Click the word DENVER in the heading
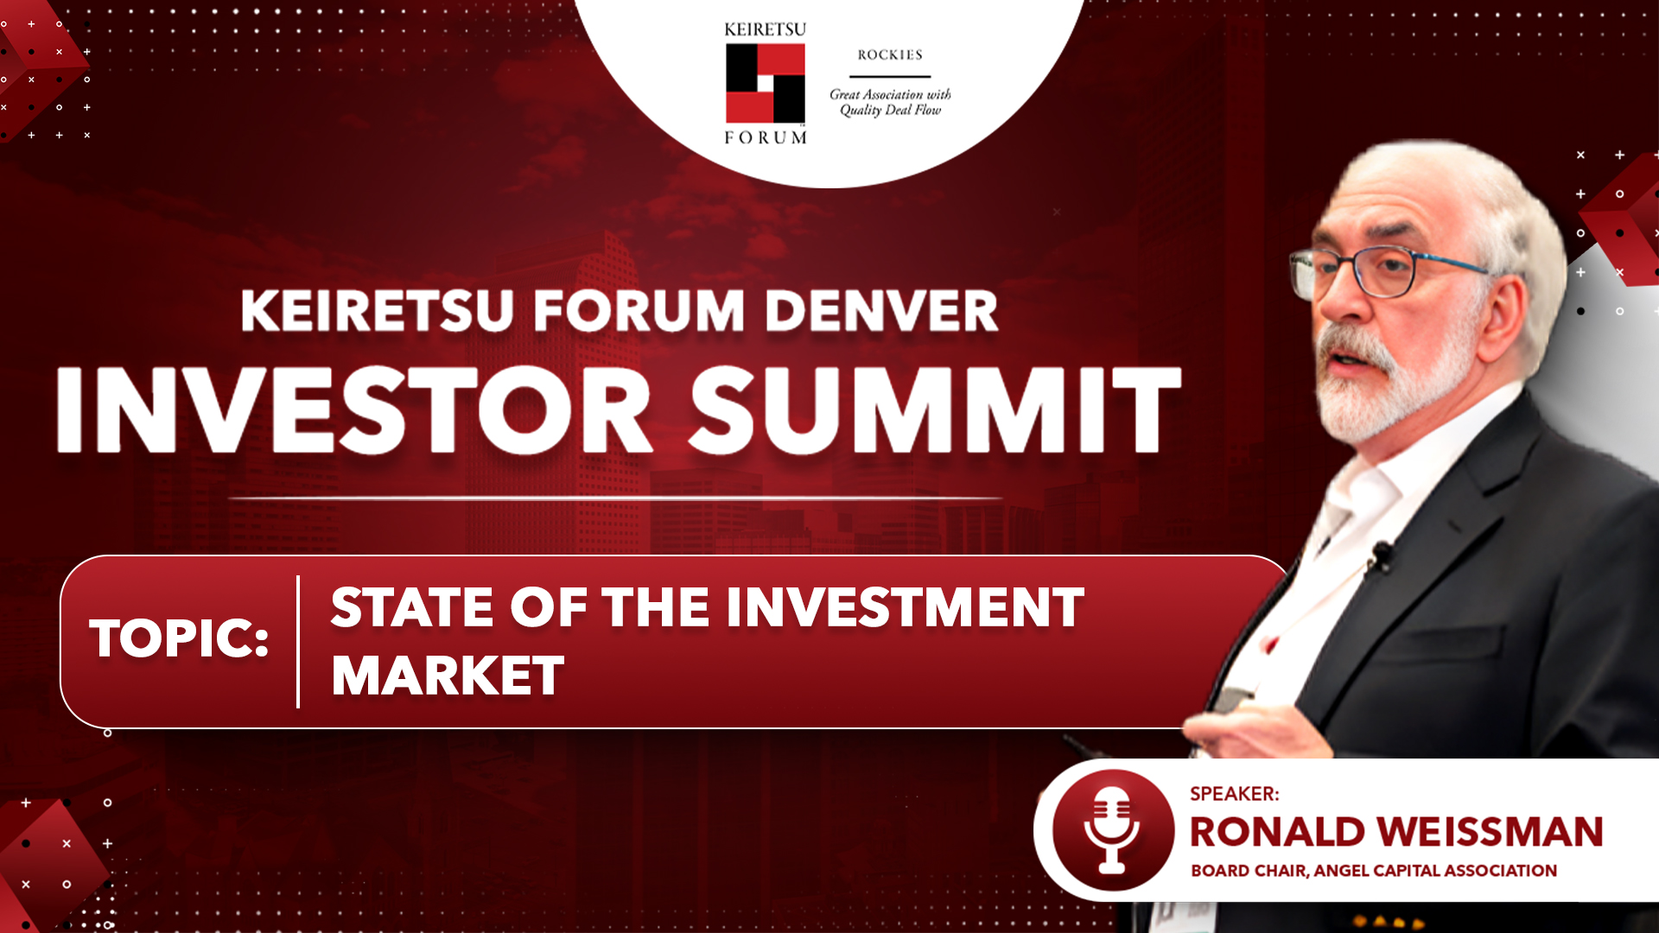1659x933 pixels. coord(881,311)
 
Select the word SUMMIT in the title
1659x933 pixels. coord(936,409)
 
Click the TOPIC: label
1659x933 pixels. coord(179,639)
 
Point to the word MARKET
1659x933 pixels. coord(448,676)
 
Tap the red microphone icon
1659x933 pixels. coord(1113,830)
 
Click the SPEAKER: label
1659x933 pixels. coord(1234,794)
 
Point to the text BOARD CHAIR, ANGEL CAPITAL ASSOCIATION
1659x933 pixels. coord(1374,871)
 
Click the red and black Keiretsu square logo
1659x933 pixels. coord(766,83)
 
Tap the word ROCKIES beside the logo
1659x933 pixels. coord(890,55)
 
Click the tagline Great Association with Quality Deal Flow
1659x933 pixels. coord(890,102)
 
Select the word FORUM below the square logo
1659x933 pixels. coord(766,137)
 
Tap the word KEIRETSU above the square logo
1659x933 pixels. coord(765,30)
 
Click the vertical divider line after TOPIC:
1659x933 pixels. coord(298,642)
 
